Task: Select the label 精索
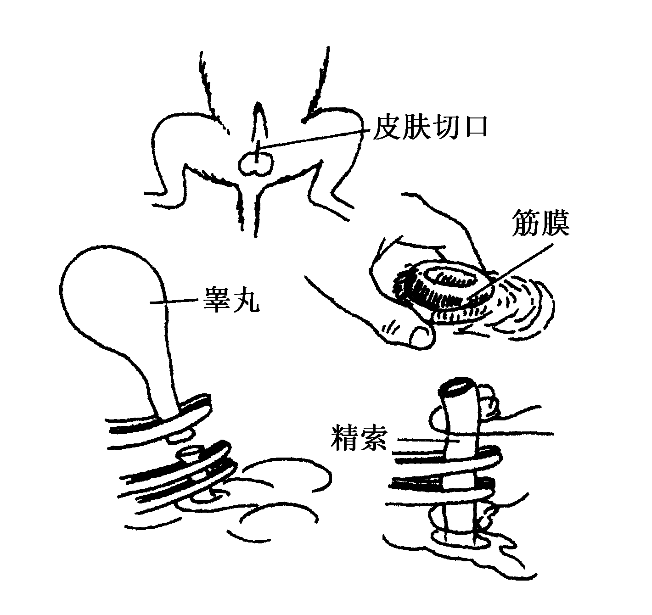click(x=360, y=438)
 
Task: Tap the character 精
click(x=344, y=438)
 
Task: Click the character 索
click(x=374, y=438)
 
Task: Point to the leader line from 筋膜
click(x=511, y=271)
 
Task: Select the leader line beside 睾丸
click(x=174, y=301)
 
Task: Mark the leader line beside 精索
click(x=427, y=440)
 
